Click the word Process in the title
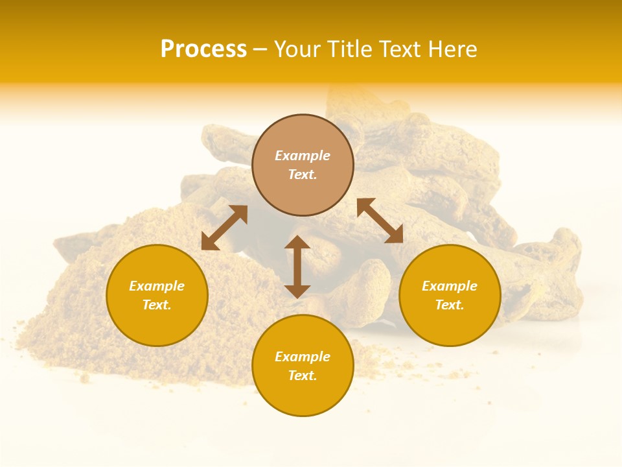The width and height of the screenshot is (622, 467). click(203, 49)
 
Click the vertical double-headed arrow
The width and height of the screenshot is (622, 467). click(297, 267)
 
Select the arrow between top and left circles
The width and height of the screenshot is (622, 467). click(224, 228)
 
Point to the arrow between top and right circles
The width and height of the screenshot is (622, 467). click(380, 221)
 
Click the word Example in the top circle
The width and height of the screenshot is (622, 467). click(303, 156)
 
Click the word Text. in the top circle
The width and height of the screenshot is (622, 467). click(303, 174)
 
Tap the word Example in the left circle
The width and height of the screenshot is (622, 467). click(157, 286)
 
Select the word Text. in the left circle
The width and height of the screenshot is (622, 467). click(157, 305)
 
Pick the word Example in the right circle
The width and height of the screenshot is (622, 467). click(450, 286)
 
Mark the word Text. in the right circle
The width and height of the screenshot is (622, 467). click(450, 305)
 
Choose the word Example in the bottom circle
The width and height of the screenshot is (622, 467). click(303, 357)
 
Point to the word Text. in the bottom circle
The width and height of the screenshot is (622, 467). click(303, 376)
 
